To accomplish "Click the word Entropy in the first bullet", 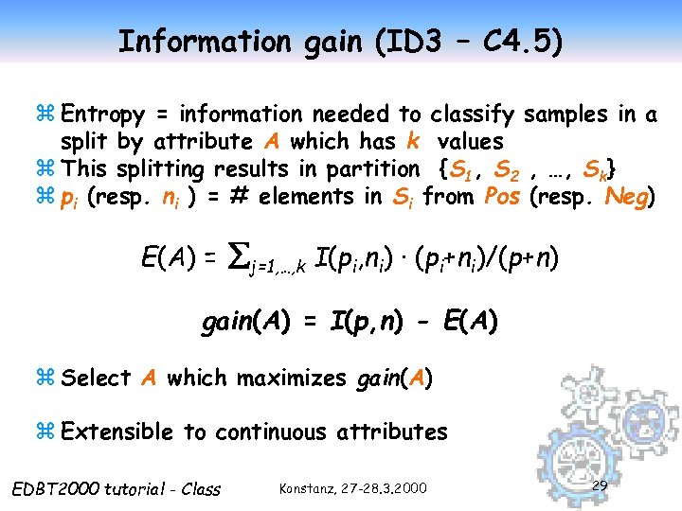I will point(102,115).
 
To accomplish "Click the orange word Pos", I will point(501,197).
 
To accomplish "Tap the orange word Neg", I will point(628,197).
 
